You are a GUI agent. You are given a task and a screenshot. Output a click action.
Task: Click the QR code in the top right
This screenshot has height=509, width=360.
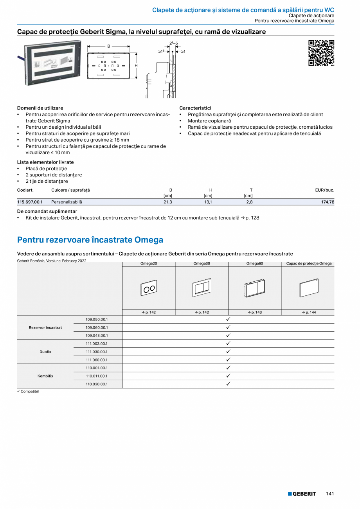321,53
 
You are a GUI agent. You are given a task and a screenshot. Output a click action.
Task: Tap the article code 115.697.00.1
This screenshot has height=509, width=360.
30,202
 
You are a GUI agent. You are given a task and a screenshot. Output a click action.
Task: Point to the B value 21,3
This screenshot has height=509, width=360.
167,202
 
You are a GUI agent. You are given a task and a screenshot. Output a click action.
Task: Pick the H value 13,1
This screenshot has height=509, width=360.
208,202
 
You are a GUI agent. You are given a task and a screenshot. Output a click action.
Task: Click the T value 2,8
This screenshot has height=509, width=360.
249,202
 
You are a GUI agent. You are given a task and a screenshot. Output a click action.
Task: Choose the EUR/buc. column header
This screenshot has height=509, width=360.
324,190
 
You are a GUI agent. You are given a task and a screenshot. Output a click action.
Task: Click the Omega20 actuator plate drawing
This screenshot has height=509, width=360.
149,289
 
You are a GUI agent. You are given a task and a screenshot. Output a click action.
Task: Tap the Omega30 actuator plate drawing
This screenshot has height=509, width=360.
202,288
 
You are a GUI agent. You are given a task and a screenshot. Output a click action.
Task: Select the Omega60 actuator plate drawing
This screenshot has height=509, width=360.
254,289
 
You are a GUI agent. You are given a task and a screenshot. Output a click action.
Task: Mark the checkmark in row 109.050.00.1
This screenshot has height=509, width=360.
228,319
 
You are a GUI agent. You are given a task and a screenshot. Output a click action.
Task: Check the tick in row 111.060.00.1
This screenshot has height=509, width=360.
228,360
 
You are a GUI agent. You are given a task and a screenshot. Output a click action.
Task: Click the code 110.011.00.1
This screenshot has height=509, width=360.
97,376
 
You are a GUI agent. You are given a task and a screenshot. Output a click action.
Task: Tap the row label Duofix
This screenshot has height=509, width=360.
45,352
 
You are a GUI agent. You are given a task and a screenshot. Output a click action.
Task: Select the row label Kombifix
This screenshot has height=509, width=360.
45,376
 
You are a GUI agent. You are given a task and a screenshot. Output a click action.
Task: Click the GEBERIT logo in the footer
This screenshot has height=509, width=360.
302,494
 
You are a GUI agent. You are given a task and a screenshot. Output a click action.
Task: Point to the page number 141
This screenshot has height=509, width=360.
330,494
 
